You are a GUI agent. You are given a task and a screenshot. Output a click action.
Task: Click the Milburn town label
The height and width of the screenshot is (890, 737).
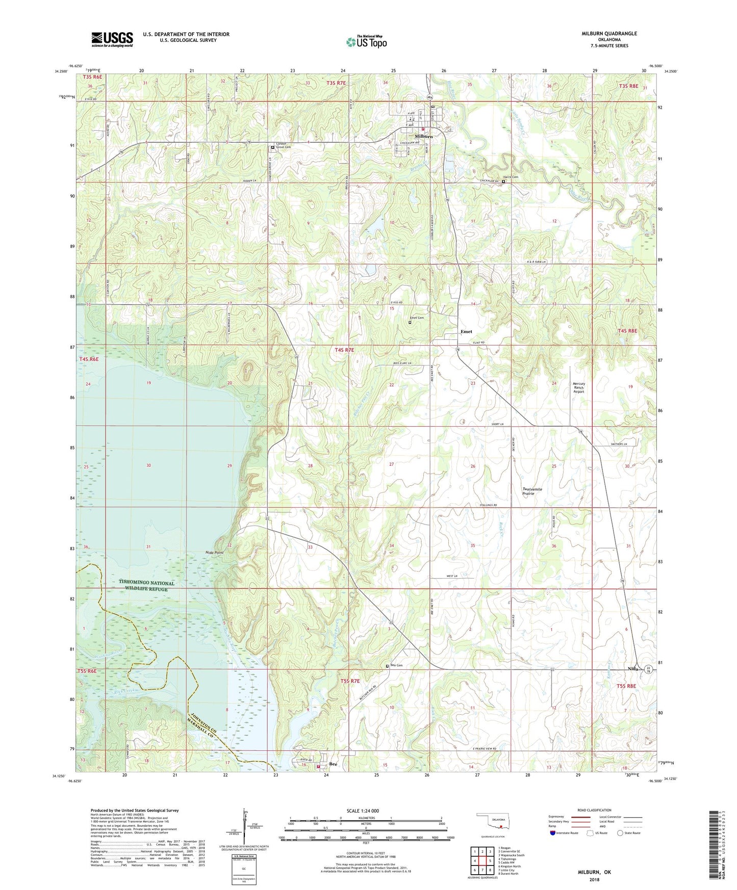(423, 137)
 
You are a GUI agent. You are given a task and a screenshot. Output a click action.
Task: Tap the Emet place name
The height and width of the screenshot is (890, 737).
(466, 332)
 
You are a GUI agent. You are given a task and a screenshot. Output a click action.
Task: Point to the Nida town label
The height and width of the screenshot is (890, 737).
(632, 669)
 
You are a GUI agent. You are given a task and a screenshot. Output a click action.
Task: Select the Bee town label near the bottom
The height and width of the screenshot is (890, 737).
(333, 764)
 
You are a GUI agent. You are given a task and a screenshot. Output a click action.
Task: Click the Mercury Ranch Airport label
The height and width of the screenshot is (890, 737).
(578, 388)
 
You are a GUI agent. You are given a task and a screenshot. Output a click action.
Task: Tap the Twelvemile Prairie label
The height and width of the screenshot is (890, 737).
(532, 491)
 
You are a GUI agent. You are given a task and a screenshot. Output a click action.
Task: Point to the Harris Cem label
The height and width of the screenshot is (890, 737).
(511, 177)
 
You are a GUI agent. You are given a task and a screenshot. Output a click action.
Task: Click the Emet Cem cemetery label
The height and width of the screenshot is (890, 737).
(417, 318)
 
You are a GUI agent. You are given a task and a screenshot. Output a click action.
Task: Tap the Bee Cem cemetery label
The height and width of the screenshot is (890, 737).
(396, 665)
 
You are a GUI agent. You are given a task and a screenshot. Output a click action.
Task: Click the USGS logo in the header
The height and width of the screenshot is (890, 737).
(112, 39)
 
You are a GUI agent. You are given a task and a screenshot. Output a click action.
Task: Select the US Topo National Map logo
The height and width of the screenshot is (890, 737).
(366, 42)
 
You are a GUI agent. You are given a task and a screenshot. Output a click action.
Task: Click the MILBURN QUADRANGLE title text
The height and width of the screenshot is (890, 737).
(609, 34)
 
